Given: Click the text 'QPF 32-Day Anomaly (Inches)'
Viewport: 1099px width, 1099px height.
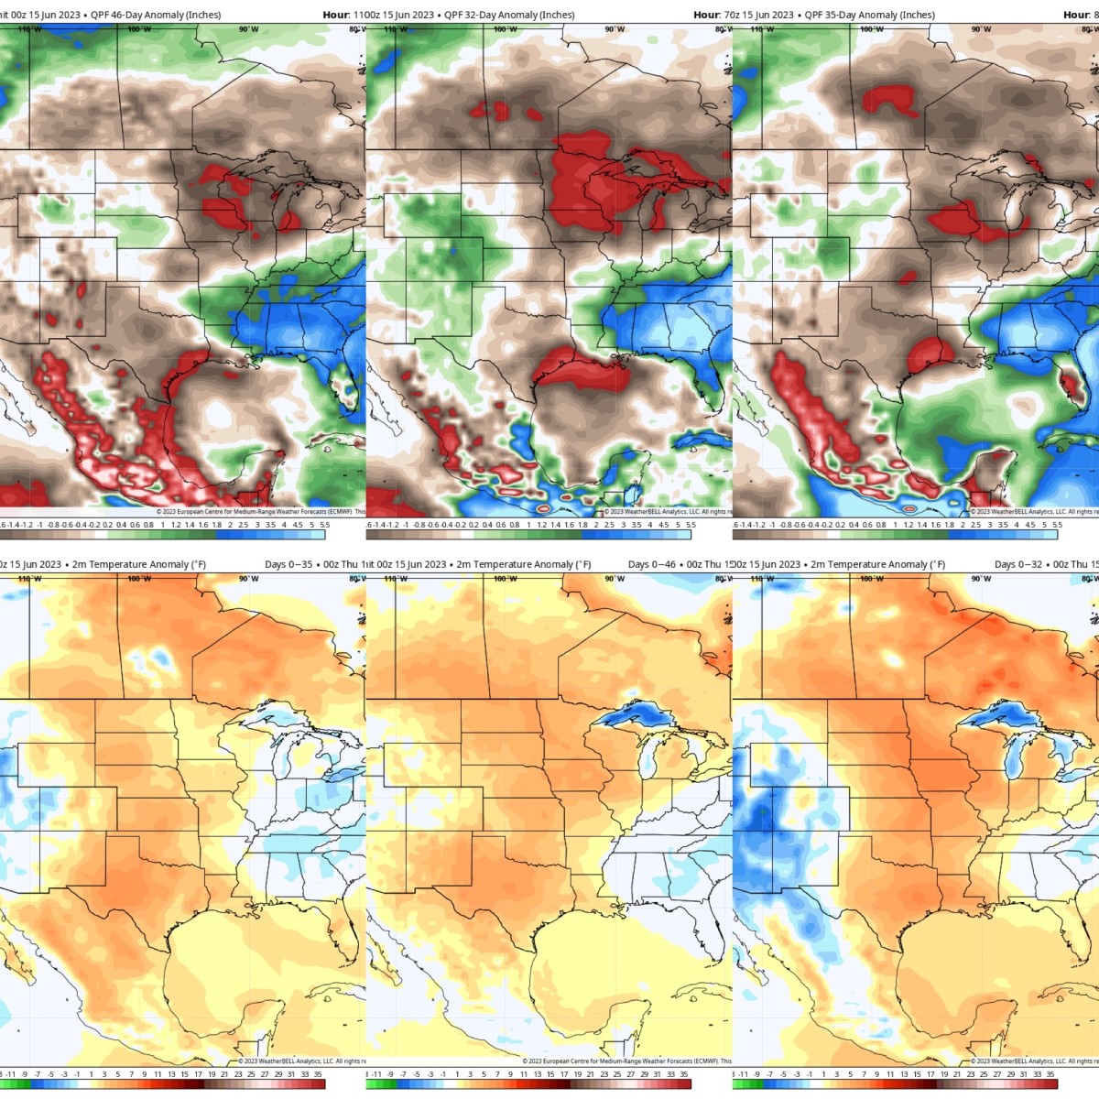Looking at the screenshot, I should click(509, 15).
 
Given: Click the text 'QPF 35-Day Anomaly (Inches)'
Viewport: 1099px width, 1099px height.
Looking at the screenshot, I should click(869, 15).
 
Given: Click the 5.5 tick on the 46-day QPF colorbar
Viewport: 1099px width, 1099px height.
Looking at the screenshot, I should click(325, 525).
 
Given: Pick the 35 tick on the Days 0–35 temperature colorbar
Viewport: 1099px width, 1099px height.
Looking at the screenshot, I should click(318, 1074).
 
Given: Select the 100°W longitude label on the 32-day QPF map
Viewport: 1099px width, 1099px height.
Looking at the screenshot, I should click(505, 29).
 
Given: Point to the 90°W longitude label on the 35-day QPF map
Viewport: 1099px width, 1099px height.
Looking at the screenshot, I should click(981, 29).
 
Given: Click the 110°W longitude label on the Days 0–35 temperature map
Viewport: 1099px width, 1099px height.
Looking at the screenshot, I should click(29, 579).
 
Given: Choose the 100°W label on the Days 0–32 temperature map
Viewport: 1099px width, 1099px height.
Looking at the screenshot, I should click(871, 579).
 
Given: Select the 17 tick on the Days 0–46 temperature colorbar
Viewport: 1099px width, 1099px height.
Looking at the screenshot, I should click(563, 1074).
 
